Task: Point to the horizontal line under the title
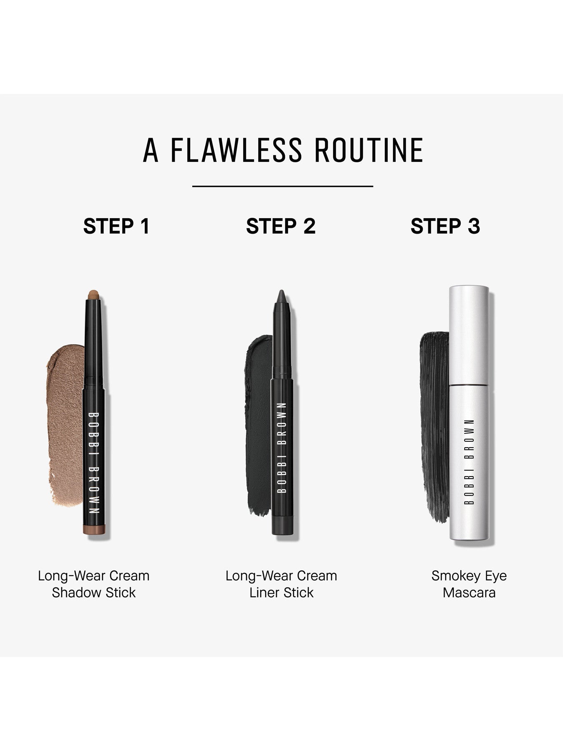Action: coord(282,186)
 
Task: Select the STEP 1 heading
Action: coord(116,226)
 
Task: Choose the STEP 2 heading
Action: coord(281,226)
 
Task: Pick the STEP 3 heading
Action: coord(445,226)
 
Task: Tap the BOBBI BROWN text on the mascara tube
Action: coord(471,461)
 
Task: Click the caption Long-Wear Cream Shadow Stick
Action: coord(94,584)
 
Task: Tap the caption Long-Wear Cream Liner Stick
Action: coord(281,584)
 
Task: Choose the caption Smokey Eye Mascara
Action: coord(469,584)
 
